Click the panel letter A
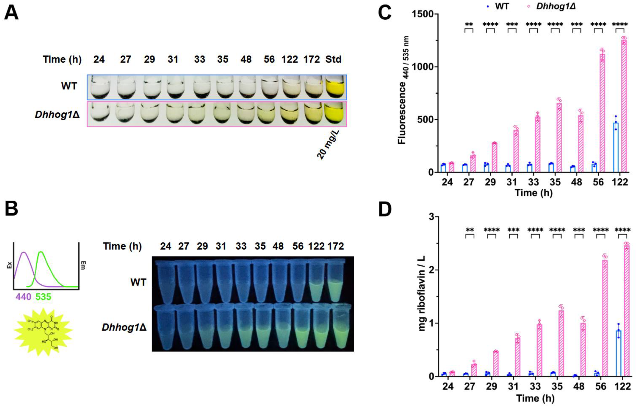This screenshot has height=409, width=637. pyautogui.click(x=11, y=13)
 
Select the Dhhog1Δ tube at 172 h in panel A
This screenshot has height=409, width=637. pyautogui.click(x=312, y=114)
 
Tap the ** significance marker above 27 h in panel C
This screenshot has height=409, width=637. pyautogui.click(x=469, y=25)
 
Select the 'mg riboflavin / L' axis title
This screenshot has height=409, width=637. pyautogui.click(x=422, y=293)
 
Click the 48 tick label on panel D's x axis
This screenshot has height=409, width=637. pyautogui.click(x=579, y=386)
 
